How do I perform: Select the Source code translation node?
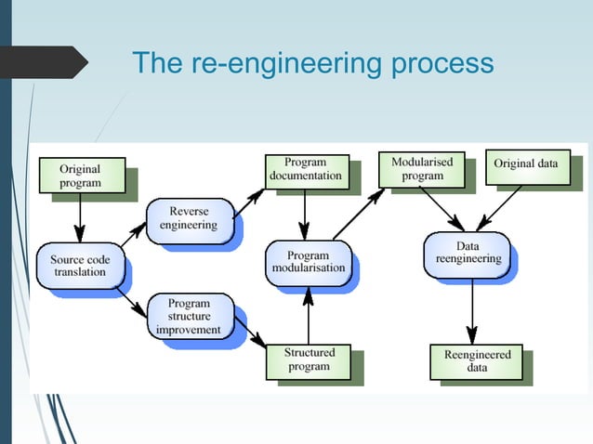[x=78, y=266]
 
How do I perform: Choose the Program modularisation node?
[x=309, y=262]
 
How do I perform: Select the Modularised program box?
[x=422, y=169]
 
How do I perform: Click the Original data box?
[x=526, y=164]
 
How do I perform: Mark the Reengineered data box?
[x=477, y=361]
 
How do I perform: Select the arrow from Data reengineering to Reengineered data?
[x=472, y=311]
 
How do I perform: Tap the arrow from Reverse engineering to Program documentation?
[x=249, y=200]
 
